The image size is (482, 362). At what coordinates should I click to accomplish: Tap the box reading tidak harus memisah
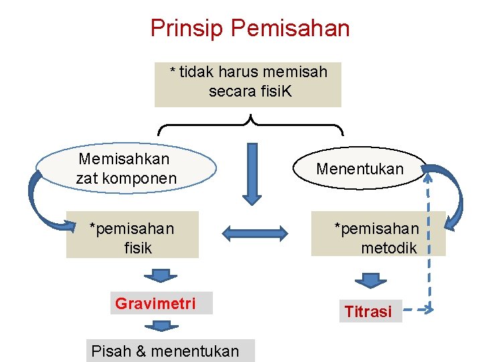(x=248, y=84)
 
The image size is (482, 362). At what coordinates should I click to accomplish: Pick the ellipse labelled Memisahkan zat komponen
(x=126, y=168)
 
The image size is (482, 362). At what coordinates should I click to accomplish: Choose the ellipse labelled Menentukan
(x=359, y=169)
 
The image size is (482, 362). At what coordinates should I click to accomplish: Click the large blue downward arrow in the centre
(x=252, y=173)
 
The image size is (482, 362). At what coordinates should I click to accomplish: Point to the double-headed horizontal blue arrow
(x=254, y=234)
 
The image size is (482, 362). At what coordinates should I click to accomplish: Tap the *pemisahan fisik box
(x=133, y=235)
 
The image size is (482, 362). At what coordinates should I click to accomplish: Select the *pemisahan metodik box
(x=378, y=234)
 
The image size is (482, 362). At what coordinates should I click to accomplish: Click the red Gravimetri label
(x=155, y=304)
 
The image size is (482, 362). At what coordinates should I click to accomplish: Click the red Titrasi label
(x=368, y=311)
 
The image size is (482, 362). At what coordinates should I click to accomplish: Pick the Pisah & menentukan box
(x=170, y=351)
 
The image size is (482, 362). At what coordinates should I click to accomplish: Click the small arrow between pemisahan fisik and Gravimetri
(x=160, y=274)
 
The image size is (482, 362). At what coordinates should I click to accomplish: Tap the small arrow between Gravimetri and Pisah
(x=161, y=326)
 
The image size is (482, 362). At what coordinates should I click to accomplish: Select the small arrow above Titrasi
(x=371, y=280)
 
